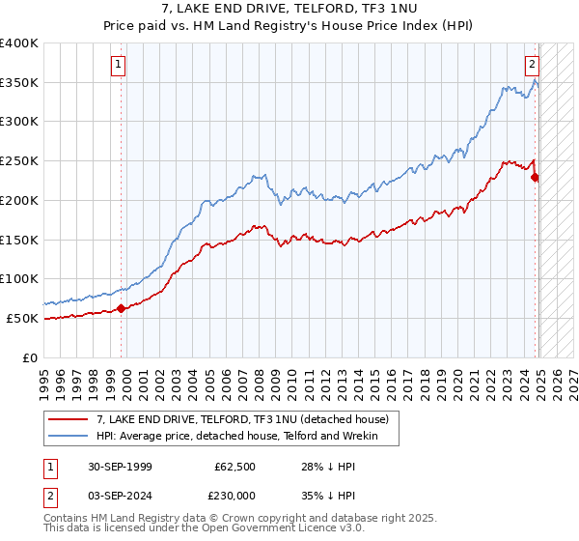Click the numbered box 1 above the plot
119,66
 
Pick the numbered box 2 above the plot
532,66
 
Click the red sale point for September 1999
122,308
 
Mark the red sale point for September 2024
536,177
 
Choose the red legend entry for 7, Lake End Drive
241,419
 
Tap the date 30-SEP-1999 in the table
119,466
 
